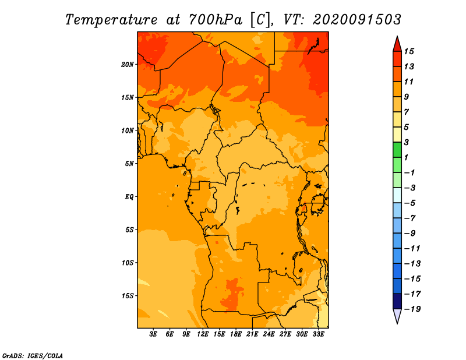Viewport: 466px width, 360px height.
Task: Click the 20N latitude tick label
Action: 127,65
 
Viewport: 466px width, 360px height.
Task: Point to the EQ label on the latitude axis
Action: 129,197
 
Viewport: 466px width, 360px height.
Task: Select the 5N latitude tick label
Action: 129,164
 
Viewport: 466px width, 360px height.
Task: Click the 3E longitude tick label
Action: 153,334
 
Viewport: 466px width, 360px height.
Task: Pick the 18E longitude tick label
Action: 236,334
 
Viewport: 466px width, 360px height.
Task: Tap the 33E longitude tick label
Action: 318,334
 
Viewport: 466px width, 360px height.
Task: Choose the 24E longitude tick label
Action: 269,334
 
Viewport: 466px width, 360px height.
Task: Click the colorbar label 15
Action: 409,52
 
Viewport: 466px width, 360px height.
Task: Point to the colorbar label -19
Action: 412,309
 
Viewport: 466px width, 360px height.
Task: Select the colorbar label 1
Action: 406,157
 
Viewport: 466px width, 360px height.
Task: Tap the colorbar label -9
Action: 410,234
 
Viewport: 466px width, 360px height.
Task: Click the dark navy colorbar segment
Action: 397,301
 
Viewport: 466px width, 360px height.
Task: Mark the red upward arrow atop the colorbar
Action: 397,44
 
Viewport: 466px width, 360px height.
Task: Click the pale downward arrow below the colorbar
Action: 397,316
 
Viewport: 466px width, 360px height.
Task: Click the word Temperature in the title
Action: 111,20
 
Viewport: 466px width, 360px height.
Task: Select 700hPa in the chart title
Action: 216,20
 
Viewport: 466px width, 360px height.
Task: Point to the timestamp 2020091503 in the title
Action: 357,20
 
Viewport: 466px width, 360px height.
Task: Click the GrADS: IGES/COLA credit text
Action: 33,356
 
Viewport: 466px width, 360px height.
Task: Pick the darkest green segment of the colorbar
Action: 397,150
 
